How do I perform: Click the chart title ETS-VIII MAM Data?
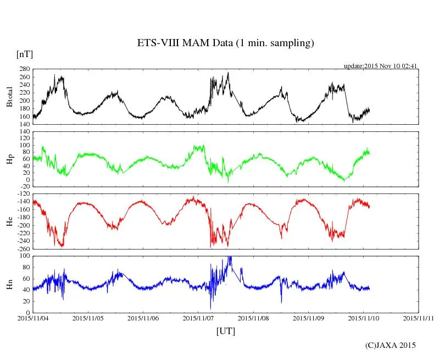(225, 43)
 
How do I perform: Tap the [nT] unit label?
(24, 54)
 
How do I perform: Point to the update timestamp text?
(381, 66)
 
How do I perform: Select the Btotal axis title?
(10, 97)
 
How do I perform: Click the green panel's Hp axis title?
(10, 159)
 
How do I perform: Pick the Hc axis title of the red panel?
(10, 221)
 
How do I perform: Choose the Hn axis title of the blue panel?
(10, 284)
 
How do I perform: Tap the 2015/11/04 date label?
(33, 318)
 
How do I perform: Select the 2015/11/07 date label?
(199, 318)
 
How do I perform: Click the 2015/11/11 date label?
(419, 318)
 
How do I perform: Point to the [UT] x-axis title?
(226, 331)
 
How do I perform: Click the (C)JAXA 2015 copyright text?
(391, 345)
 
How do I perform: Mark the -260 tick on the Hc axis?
(23, 248)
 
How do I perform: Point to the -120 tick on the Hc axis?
(23, 195)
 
